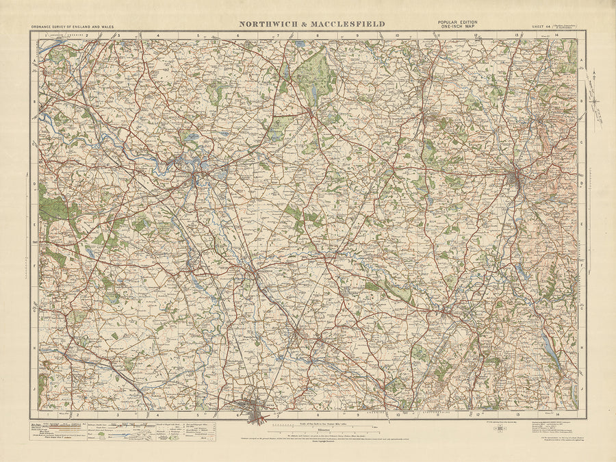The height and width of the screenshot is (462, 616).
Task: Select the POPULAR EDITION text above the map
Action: pyautogui.click(x=458, y=22)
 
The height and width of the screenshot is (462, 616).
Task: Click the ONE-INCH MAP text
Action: pyautogui.click(x=458, y=27)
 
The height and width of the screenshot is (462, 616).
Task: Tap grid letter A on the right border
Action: pyautogui.click(x=581, y=60)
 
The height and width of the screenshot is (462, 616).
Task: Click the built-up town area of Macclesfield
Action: pyautogui.click(x=517, y=179)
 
